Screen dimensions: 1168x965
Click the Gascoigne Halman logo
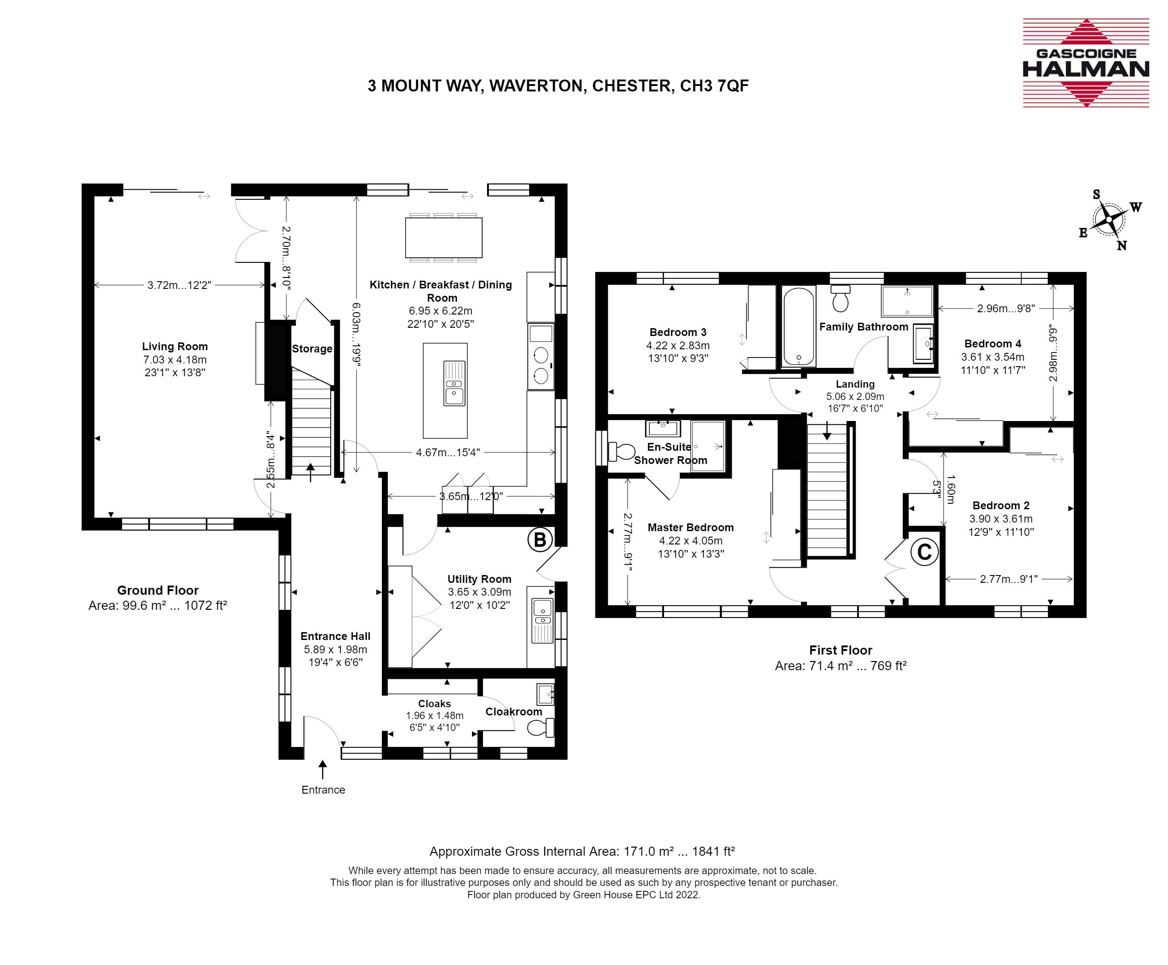pos(1086,63)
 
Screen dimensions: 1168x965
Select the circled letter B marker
pos(540,540)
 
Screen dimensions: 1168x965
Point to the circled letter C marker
pos(924,553)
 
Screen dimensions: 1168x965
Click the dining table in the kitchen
pos(443,237)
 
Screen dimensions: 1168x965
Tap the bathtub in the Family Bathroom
pos(798,326)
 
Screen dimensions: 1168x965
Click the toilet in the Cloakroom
pos(541,727)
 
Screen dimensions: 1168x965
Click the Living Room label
pos(175,347)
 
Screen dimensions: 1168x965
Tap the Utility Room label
pos(479,579)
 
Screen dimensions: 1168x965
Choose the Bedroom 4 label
pos(993,343)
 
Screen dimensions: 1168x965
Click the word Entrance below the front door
pos(323,790)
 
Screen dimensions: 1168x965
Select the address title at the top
pos(558,85)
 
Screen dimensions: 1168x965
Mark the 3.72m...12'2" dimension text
pos(179,285)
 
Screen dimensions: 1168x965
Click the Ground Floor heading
pos(157,590)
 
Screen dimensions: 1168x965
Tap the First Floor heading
pos(841,650)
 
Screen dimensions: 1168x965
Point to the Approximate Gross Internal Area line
pos(582,852)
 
